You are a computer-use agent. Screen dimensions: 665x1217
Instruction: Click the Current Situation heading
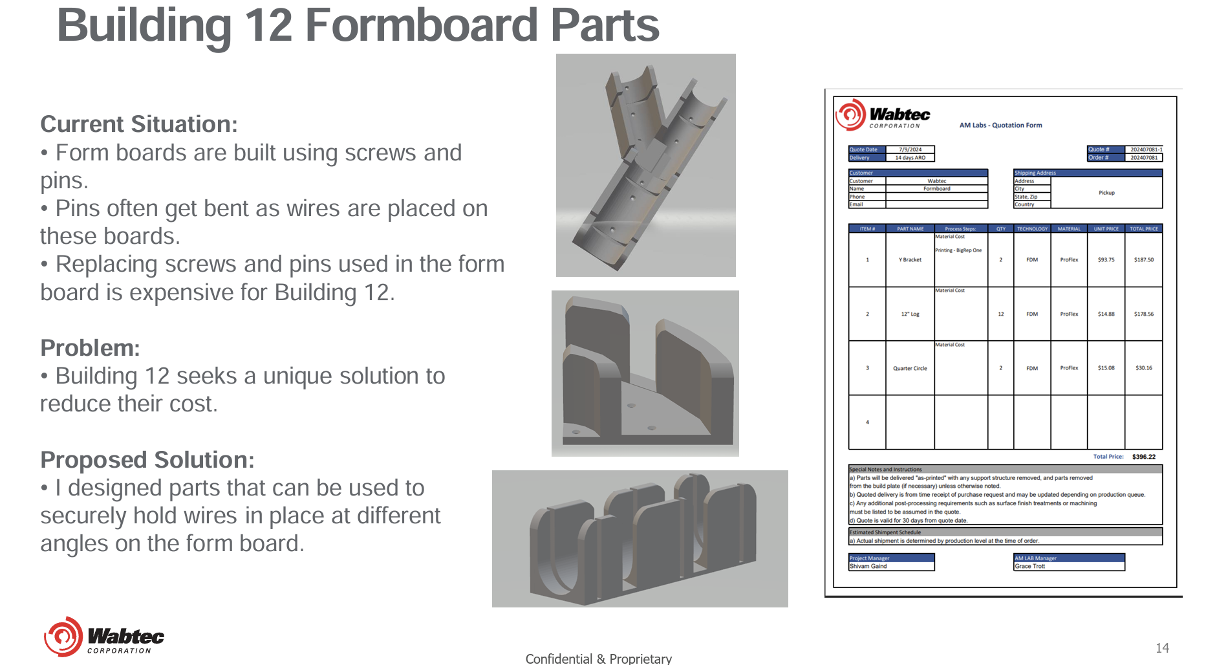pyautogui.click(x=139, y=124)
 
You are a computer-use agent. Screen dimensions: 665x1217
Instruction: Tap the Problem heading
pyautogui.click(x=90, y=348)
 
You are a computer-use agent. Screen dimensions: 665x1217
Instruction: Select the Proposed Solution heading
pyautogui.click(x=147, y=460)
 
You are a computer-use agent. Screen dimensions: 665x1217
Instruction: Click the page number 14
pyautogui.click(x=1162, y=648)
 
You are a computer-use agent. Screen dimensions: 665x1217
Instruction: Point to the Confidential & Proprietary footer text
pyautogui.click(x=598, y=659)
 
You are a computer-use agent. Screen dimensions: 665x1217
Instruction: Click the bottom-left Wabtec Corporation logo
pyautogui.click(x=103, y=637)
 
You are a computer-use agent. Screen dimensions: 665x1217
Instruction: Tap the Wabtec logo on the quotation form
pyautogui.click(x=883, y=116)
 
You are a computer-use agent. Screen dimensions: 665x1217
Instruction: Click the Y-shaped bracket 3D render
pyautogui.click(x=645, y=165)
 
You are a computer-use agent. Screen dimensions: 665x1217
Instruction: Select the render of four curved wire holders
pyautogui.click(x=640, y=538)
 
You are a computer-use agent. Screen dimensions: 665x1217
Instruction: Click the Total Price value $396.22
pyautogui.click(x=1143, y=457)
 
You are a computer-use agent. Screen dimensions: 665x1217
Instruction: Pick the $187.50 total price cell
pyautogui.click(x=1143, y=260)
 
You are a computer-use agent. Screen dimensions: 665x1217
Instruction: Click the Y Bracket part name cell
pyautogui.click(x=910, y=260)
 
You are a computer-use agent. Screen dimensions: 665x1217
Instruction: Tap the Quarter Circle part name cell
pyautogui.click(x=910, y=368)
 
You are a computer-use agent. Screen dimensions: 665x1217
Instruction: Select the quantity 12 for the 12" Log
pyautogui.click(x=1000, y=314)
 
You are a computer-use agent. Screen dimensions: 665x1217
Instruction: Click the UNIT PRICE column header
pyautogui.click(x=1106, y=229)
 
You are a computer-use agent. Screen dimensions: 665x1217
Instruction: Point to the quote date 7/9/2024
pyautogui.click(x=910, y=149)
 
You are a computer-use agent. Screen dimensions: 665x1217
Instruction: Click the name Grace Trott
pyautogui.click(x=1029, y=566)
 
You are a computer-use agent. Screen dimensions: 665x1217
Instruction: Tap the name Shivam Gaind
pyautogui.click(x=868, y=566)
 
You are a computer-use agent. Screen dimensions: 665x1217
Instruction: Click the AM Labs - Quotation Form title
pyautogui.click(x=1000, y=125)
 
